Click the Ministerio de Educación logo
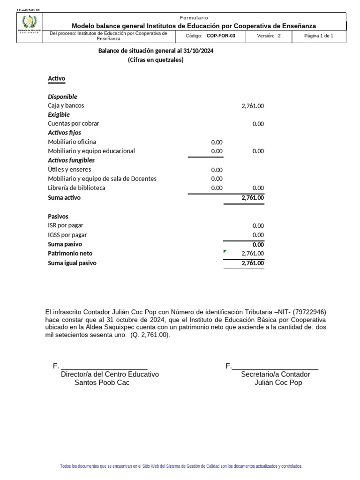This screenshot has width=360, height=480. click(29, 23)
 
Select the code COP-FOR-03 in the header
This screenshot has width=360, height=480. click(221, 36)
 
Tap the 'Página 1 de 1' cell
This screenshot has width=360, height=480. click(318, 36)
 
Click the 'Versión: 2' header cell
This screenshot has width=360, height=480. click(269, 36)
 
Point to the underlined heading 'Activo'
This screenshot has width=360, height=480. click(57, 79)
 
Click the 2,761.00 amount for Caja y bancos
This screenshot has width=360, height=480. click(253, 106)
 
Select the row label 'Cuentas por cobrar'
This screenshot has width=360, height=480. click(73, 124)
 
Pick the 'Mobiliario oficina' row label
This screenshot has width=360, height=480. click(72, 142)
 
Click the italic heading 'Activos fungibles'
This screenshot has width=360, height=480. click(71, 160)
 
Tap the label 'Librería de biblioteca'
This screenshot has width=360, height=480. click(76, 188)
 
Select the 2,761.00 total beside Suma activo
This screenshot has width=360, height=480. click(253, 198)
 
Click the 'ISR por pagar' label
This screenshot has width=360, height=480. click(66, 225)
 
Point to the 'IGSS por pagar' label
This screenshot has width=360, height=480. click(67, 235)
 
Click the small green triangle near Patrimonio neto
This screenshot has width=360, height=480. click(225, 252)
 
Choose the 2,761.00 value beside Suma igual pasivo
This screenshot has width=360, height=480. click(253, 263)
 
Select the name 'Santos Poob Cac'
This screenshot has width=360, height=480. click(102, 382)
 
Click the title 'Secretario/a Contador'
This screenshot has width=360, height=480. click(275, 374)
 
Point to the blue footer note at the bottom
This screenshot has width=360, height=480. click(181, 466)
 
